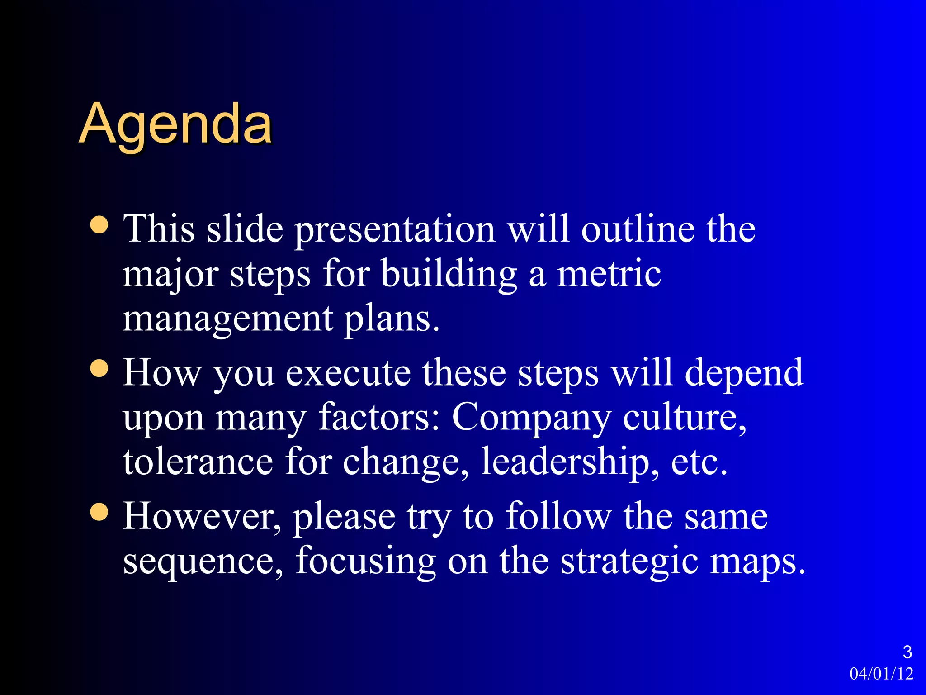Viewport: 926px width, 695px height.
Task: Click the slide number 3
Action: click(x=907, y=652)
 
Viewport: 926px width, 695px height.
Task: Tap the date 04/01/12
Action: click(x=881, y=674)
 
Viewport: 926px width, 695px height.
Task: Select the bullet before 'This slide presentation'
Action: click(x=99, y=224)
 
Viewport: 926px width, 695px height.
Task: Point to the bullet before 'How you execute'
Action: click(x=99, y=368)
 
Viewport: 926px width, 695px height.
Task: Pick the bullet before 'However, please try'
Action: click(x=99, y=512)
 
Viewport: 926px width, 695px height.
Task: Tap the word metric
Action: click(x=609, y=274)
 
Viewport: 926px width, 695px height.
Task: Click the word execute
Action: click(x=348, y=373)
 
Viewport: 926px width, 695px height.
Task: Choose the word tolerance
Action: click(x=198, y=462)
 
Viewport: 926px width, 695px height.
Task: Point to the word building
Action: click(x=449, y=274)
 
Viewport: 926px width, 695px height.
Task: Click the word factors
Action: click(x=379, y=417)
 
